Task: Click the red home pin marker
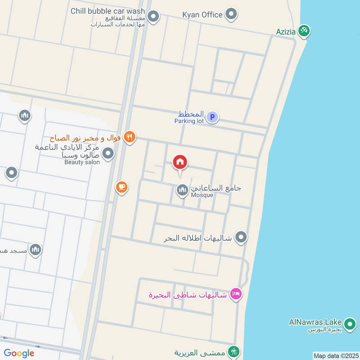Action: pyautogui.click(x=180, y=162)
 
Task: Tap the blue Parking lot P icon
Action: pyautogui.click(x=212, y=117)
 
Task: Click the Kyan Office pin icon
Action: pyautogui.click(x=231, y=14)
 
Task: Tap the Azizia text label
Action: pyautogui.click(x=286, y=32)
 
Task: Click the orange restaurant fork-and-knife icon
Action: pyautogui.click(x=129, y=137)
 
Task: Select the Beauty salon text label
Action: pyautogui.click(x=80, y=162)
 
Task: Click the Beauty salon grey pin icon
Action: pyautogui.click(x=108, y=154)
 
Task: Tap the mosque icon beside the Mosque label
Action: pyautogui.click(x=182, y=191)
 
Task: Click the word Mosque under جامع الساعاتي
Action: pyautogui.click(x=202, y=195)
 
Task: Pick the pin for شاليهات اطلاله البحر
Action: pyautogui.click(x=241, y=237)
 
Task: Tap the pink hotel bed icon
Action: pyautogui.click(x=235, y=295)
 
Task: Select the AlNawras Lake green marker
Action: pyautogui.click(x=349, y=323)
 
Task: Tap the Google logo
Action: pyautogui.click(x=19, y=353)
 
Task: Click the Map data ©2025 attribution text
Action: pyautogui.click(x=335, y=355)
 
